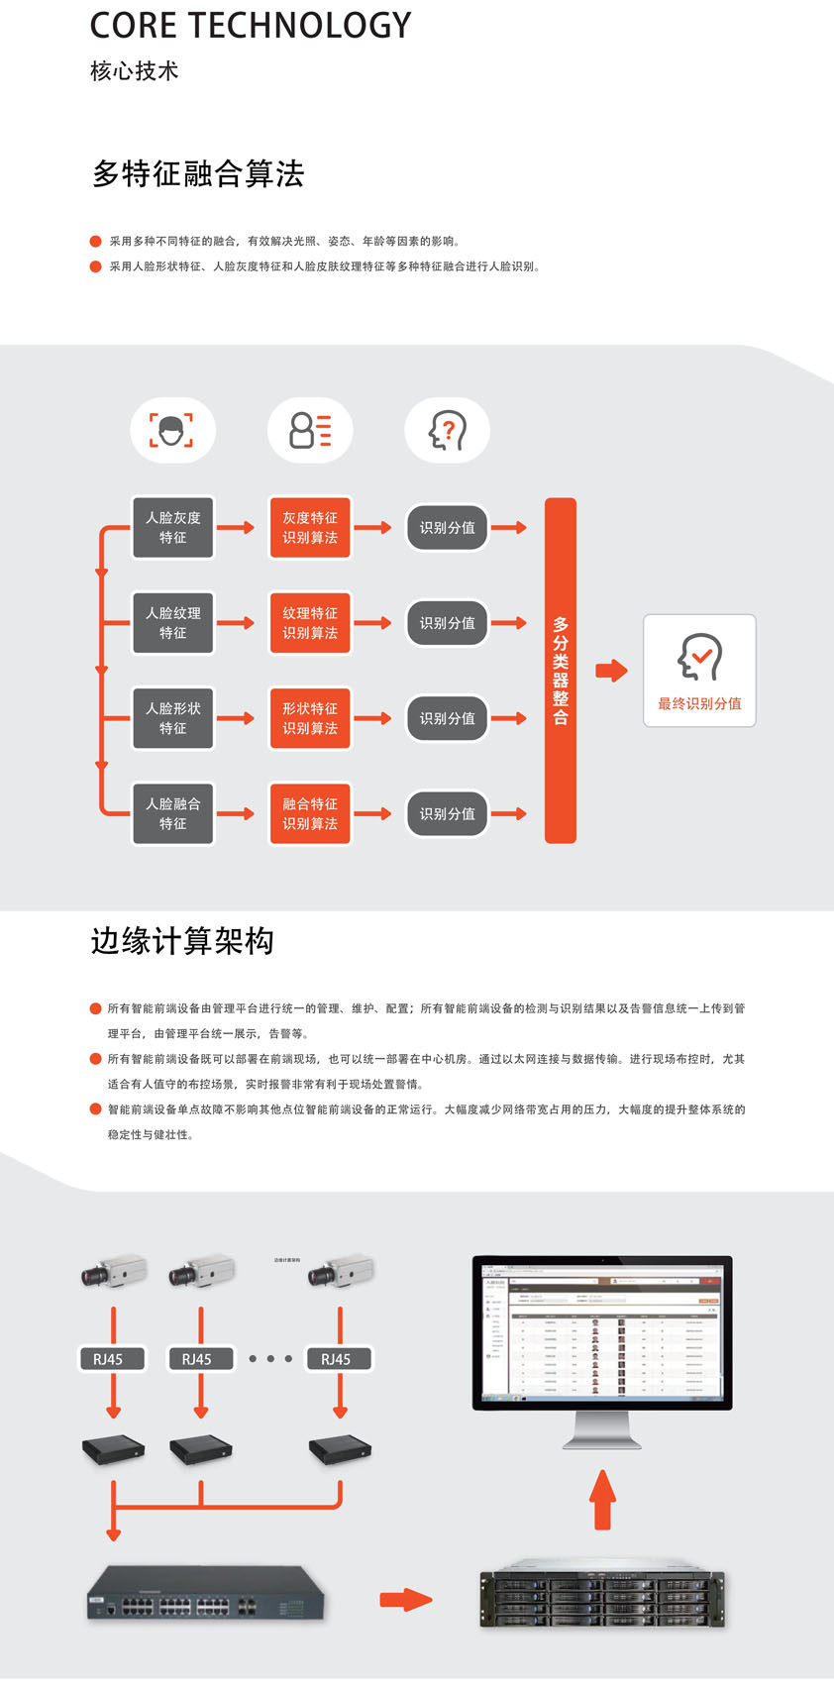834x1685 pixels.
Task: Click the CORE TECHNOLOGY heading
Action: pos(251,26)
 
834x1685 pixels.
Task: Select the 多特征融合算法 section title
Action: pos(198,174)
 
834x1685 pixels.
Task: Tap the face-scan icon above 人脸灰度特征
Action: pos(172,430)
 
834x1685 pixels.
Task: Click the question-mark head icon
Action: pos(447,430)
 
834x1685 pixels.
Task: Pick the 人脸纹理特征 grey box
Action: pos(173,623)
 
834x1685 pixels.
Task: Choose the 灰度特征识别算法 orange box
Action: pos(310,528)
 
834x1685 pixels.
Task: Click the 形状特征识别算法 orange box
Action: pos(310,718)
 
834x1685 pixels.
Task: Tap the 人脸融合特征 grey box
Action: pos(173,813)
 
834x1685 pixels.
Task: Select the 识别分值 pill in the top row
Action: pos(447,528)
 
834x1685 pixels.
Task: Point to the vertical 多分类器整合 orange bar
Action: pos(561,671)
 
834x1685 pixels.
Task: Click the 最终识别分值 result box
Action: pos(699,671)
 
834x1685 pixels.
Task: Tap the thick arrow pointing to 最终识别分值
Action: pos(611,671)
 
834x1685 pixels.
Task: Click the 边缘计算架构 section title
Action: pos(182,941)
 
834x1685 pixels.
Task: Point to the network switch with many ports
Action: pos(206,1593)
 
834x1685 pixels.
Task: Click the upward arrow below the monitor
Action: pos(602,1499)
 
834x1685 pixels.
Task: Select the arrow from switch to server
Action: pos(406,1598)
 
